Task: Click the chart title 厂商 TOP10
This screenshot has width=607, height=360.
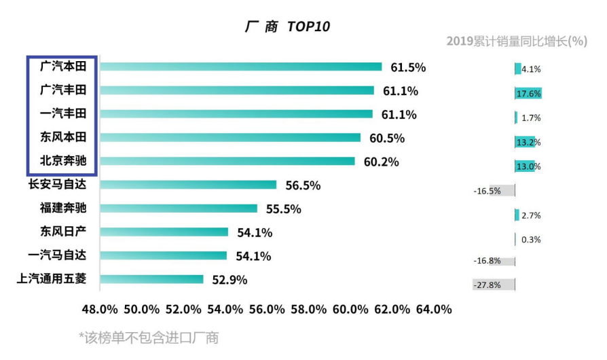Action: (x=287, y=26)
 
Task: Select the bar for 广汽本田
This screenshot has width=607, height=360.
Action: (x=241, y=67)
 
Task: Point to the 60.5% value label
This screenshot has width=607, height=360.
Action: (x=387, y=139)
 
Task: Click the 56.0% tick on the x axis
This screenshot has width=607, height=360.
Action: (x=266, y=309)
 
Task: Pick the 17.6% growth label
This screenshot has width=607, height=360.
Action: (x=528, y=94)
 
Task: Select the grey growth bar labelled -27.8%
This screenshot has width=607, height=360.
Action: (x=494, y=285)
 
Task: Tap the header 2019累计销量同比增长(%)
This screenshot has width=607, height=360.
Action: (x=516, y=41)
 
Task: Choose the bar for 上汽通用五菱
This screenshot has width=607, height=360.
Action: (x=151, y=279)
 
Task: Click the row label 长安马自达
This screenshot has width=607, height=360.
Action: (x=62, y=185)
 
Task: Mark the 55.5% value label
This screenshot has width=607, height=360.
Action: (x=283, y=209)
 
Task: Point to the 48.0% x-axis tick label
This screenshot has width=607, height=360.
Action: (x=100, y=309)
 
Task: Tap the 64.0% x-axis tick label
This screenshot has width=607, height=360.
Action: (x=433, y=309)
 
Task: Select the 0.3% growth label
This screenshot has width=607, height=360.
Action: (x=531, y=240)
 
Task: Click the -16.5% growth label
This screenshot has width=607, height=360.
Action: (x=487, y=191)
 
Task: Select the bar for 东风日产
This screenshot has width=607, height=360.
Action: (x=164, y=232)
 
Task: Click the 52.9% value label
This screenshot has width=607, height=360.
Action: (x=229, y=280)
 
